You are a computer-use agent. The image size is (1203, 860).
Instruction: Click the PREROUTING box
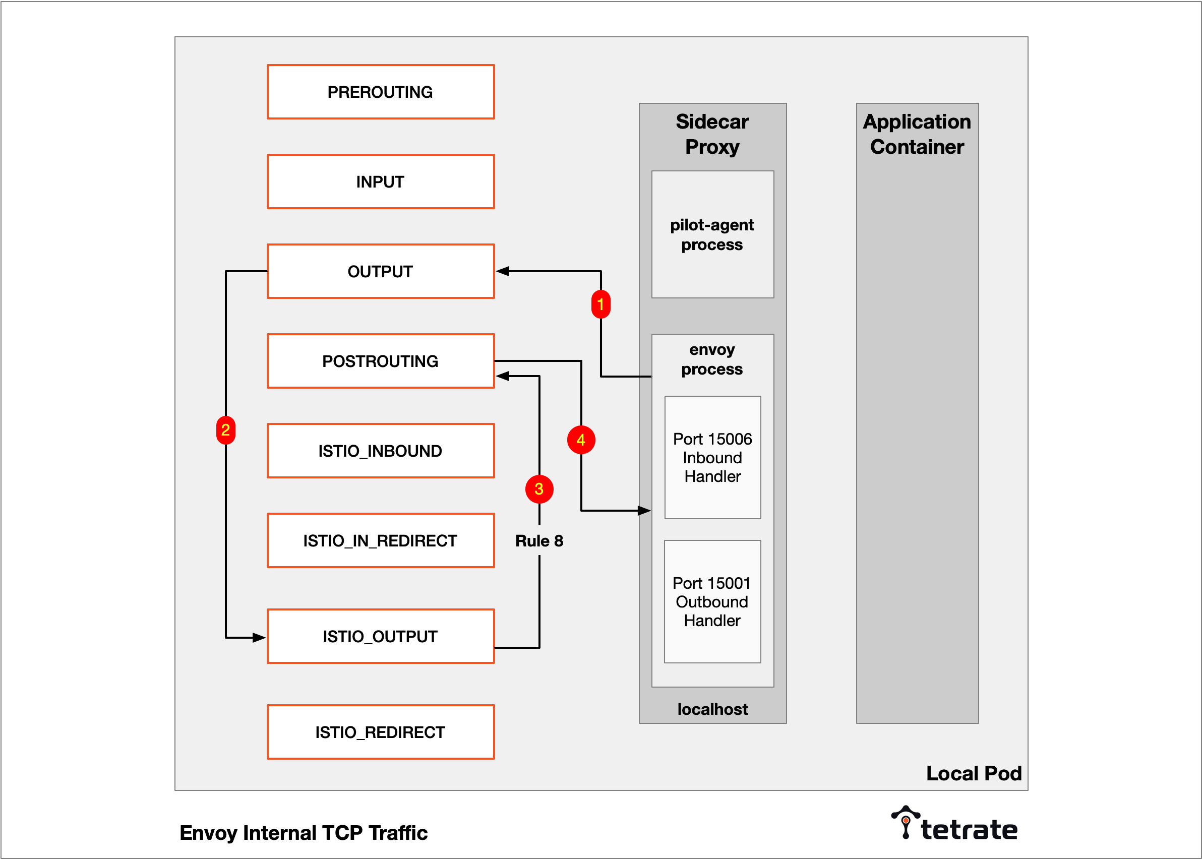(x=381, y=92)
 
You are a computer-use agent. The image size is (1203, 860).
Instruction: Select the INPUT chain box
(x=381, y=181)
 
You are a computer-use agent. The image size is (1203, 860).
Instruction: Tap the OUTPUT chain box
(x=381, y=271)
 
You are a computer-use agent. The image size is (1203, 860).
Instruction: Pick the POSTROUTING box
(x=381, y=361)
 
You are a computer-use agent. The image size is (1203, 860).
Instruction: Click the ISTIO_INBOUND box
(x=381, y=451)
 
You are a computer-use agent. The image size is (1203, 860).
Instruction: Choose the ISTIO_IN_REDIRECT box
(x=381, y=541)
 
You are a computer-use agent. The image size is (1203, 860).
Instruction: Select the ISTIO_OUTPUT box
(x=381, y=636)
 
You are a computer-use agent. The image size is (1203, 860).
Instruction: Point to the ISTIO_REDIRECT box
(x=381, y=732)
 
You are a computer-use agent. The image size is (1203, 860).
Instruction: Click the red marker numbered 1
(x=600, y=304)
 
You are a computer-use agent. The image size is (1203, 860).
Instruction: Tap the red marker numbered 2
(x=225, y=430)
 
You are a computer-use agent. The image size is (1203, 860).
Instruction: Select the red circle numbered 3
(x=539, y=489)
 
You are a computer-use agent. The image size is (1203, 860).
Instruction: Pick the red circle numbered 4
(x=581, y=440)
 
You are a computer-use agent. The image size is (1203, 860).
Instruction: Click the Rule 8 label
(x=539, y=541)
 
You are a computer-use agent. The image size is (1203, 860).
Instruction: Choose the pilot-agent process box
(x=713, y=234)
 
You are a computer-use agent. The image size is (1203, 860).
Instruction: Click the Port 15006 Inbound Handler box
(x=713, y=458)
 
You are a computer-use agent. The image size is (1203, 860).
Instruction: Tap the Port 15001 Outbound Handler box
(x=713, y=601)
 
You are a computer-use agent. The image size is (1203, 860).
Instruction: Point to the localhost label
(x=713, y=709)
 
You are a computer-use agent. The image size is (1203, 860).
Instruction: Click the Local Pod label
(x=974, y=774)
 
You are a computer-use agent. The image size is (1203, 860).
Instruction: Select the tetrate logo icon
(x=906, y=822)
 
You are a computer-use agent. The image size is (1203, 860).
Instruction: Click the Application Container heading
(x=917, y=134)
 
